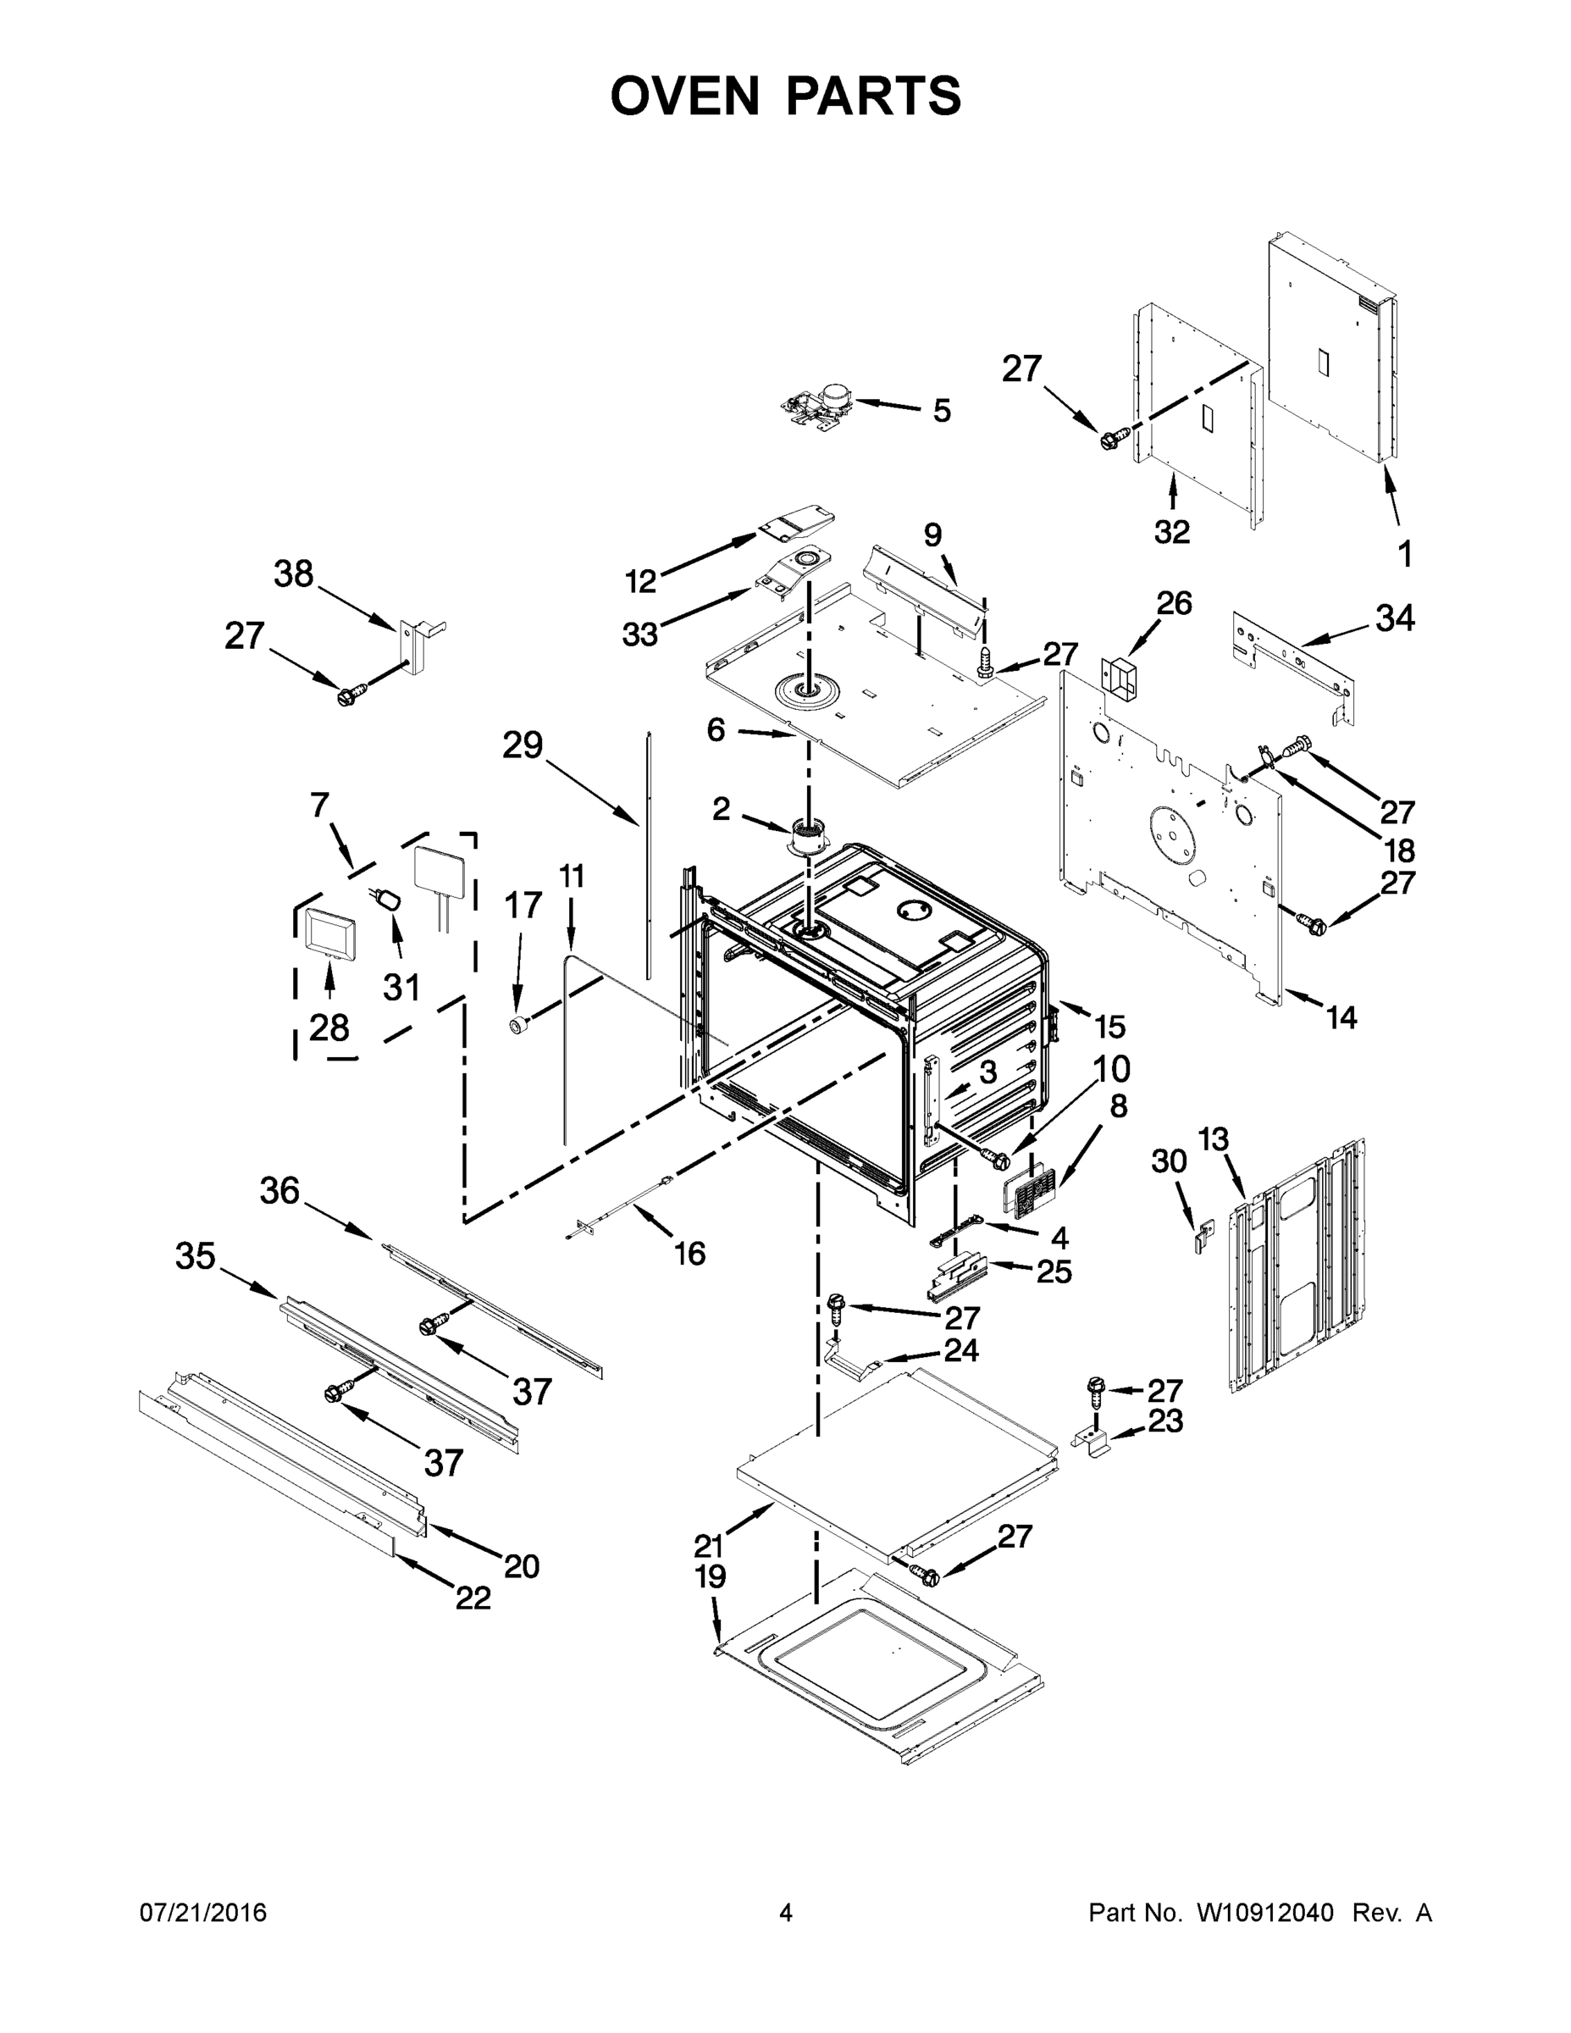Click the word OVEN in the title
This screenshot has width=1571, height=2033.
(685, 96)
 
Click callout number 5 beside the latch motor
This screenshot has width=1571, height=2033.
(942, 411)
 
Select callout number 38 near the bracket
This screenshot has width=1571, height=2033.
(293, 574)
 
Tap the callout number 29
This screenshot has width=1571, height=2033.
(523, 745)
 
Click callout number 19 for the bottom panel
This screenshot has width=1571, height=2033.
(710, 1577)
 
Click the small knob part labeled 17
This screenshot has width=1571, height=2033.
(518, 1025)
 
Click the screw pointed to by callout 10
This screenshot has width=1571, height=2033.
(996, 1159)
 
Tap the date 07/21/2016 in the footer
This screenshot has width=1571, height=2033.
(203, 1912)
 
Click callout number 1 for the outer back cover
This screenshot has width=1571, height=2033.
(1404, 554)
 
